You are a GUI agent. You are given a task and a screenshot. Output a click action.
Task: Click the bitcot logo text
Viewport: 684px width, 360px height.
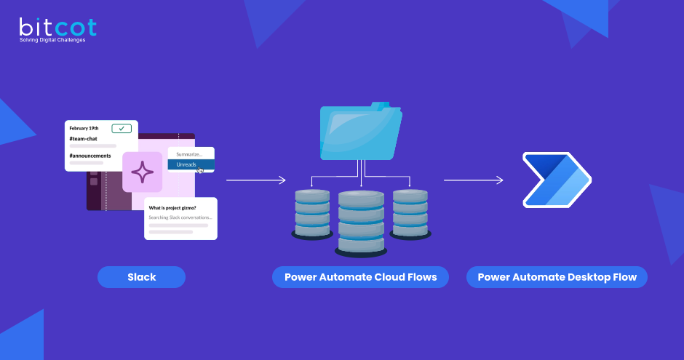57,28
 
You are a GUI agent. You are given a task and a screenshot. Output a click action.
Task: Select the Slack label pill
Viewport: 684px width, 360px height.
141,277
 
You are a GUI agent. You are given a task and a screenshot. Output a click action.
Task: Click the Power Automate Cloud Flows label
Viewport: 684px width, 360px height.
360,277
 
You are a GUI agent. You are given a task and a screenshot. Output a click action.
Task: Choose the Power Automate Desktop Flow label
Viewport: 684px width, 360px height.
557,277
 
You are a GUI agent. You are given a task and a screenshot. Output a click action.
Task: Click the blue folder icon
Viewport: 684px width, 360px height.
360,131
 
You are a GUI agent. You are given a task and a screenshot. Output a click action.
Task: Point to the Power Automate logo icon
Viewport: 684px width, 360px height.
557,179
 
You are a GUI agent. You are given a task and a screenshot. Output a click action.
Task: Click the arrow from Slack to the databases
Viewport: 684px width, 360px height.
255,179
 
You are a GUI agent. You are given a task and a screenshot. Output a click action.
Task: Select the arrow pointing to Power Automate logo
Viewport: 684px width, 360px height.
474,179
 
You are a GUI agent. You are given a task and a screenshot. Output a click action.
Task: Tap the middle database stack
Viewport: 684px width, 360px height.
360,222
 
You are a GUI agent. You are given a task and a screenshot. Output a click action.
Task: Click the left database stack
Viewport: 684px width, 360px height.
311,212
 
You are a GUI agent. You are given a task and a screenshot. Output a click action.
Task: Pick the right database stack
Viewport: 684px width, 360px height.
410,212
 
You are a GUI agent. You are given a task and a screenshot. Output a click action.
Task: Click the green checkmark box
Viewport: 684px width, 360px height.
122,129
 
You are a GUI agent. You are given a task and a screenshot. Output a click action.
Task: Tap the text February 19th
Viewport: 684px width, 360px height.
84,129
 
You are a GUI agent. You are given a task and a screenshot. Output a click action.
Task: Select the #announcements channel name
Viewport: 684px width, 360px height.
90,156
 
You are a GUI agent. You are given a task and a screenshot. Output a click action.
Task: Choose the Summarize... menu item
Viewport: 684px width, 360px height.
190,154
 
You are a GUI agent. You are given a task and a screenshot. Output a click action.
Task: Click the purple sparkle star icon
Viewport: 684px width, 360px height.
142,172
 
